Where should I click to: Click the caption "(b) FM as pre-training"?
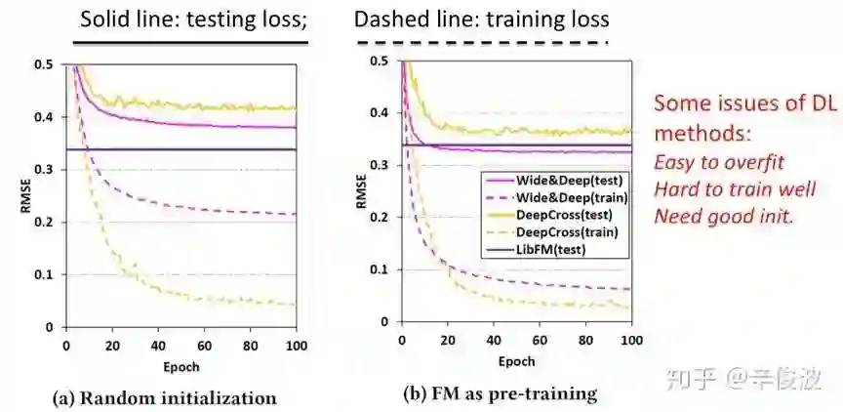pos(501,394)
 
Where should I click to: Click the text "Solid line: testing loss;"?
pos(192,19)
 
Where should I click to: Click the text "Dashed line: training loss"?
pos(481,19)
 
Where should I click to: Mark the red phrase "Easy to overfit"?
pos(718,162)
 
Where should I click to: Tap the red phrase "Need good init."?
pos(724,215)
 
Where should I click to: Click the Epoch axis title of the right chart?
pos(516,361)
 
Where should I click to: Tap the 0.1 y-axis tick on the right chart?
pos(385,269)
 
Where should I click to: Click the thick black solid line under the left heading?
pos(193,42)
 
